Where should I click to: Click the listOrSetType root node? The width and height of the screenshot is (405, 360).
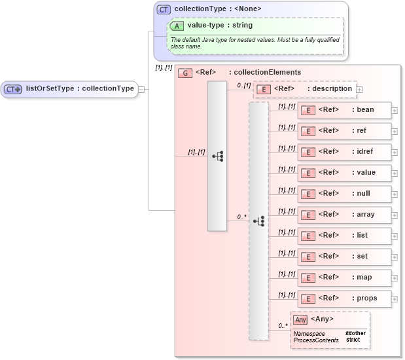pos(70,89)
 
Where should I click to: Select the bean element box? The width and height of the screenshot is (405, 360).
pos(345,110)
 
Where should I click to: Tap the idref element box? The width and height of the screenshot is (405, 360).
pos(345,152)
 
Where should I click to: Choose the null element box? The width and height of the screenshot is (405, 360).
pos(345,194)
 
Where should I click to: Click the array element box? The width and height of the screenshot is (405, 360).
pos(345,215)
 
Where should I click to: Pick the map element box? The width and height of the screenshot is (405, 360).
pos(345,278)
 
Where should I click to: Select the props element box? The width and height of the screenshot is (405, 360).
pos(345,298)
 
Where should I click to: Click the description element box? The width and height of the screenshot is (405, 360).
pos(304,89)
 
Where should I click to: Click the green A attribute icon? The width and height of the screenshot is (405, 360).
pos(177,26)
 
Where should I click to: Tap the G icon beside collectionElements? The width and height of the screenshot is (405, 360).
pos(185,73)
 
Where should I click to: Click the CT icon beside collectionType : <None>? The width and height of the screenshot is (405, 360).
pos(164,9)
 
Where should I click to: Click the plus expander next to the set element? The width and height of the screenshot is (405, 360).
pos(395,257)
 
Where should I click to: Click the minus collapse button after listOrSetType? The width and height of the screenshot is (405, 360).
pos(142,90)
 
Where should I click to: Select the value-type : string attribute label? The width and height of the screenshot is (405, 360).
pos(211,26)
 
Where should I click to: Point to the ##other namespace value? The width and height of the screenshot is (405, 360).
pos(355,333)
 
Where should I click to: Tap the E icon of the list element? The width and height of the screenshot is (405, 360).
pos(308,236)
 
